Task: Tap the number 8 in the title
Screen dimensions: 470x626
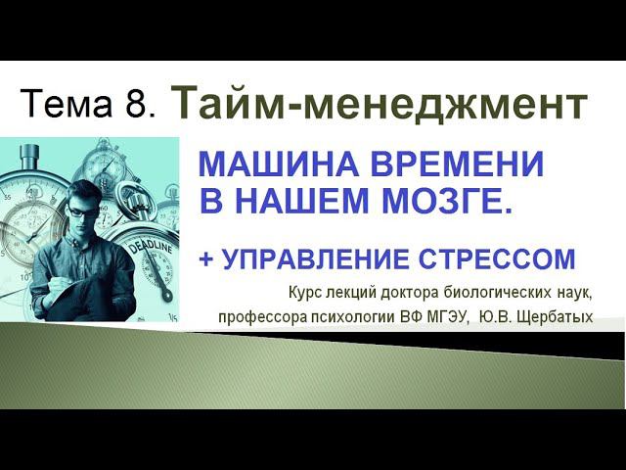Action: point(136,105)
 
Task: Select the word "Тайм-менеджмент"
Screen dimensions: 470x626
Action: point(380,103)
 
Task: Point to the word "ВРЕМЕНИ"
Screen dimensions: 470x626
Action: point(449,165)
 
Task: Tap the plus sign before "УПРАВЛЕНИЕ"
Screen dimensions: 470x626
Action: point(205,260)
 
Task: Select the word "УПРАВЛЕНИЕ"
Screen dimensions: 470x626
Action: point(311,260)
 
